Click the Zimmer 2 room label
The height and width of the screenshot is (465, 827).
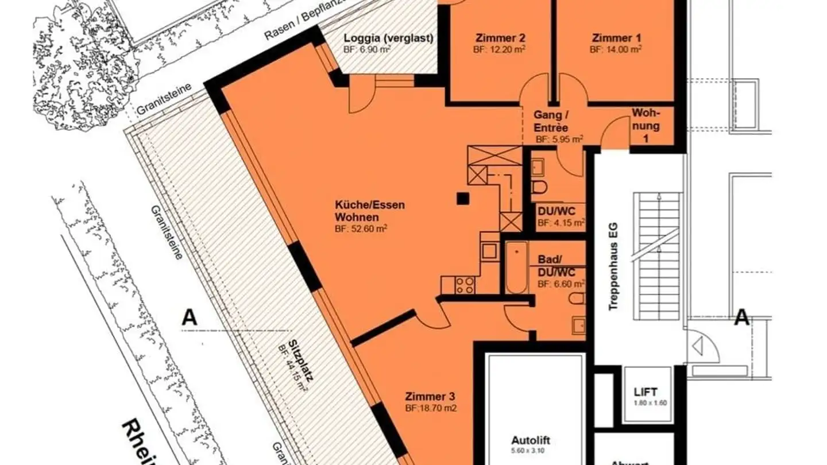click(500, 38)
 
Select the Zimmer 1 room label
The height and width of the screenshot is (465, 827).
click(616, 38)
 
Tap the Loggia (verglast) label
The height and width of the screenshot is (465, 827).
click(388, 38)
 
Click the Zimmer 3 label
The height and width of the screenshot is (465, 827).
click(430, 397)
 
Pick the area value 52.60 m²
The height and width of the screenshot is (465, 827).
click(361, 228)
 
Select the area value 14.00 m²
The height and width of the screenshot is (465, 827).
click(616, 49)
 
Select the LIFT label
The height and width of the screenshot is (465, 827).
click(646, 393)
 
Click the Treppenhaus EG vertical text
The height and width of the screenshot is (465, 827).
click(613, 268)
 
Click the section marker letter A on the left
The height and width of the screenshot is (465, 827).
click(190, 317)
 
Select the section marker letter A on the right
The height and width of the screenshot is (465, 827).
click(741, 317)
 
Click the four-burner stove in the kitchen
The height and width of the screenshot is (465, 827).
click(465, 285)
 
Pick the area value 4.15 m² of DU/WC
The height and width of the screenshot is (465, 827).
click(561, 223)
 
